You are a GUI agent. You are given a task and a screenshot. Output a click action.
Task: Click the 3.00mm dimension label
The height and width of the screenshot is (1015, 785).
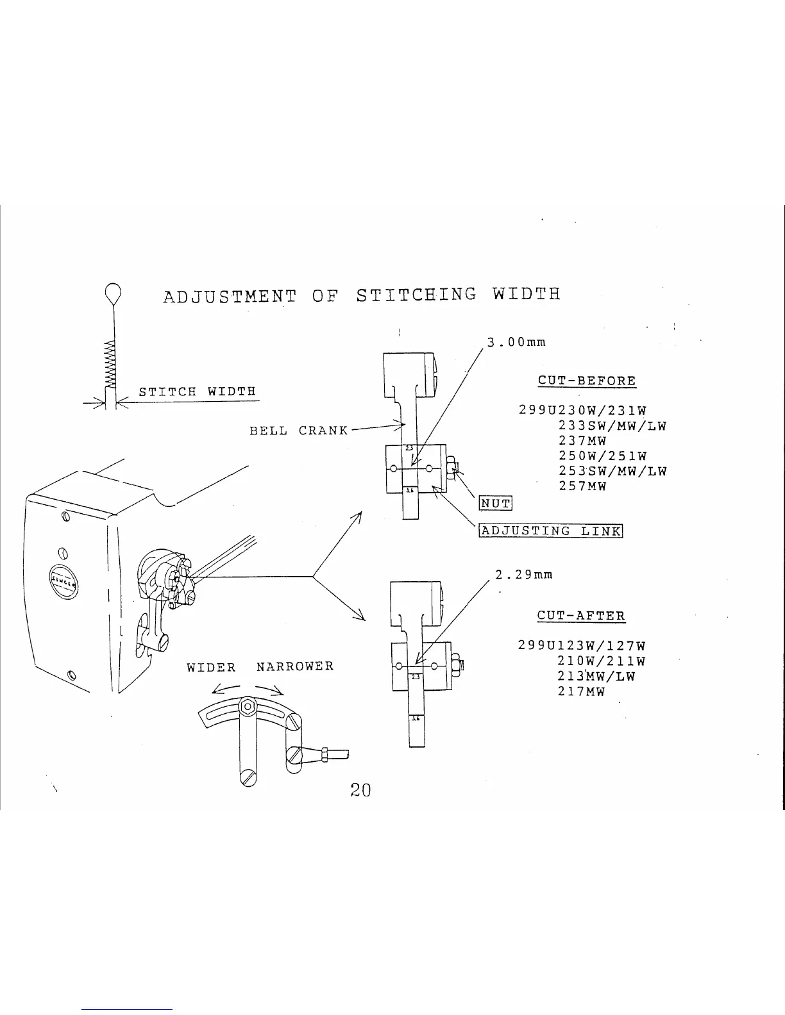pyautogui.click(x=516, y=342)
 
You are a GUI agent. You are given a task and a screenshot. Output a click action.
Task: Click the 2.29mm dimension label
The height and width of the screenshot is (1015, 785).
pyautogui.click(x=524, y=575)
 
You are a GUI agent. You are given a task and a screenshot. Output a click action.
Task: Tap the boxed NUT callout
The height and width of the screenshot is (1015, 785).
pyautogui.click(x=496, y=504)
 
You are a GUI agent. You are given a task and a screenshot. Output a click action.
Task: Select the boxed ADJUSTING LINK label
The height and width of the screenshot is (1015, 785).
pyautogui.click(x=551, y=531)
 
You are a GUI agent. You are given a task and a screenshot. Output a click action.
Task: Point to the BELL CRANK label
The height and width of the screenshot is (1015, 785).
pyautogui.click(x=298, y=431)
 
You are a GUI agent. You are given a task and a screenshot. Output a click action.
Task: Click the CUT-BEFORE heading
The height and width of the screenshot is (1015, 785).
pyautogui.click(x=587, y=381)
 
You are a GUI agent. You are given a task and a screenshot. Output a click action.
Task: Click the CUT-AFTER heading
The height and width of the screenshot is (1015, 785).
pyautogui.click(x=580, y=616)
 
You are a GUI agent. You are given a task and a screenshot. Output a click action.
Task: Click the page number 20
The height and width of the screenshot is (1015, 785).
pyautogui.click(x=360, y=790)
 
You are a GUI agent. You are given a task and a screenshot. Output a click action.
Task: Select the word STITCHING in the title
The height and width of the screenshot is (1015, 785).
pyautogui.click(x=416, y=295)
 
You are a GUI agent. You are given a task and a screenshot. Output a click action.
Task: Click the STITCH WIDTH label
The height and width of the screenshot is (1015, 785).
pyautogui.click(x=198, y=392)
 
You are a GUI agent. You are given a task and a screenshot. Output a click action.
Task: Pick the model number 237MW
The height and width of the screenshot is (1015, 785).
pyautogui.click(x=582, y=441)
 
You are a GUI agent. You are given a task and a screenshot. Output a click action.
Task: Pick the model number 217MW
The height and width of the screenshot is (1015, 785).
pyautogui.click(x=581, y=692)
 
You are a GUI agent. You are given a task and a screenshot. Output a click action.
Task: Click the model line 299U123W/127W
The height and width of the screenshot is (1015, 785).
pyautogui.click(x=582, y=646)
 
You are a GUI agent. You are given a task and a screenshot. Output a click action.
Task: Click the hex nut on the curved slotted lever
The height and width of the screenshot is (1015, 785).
pyautogui.click(x=246, y=707)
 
